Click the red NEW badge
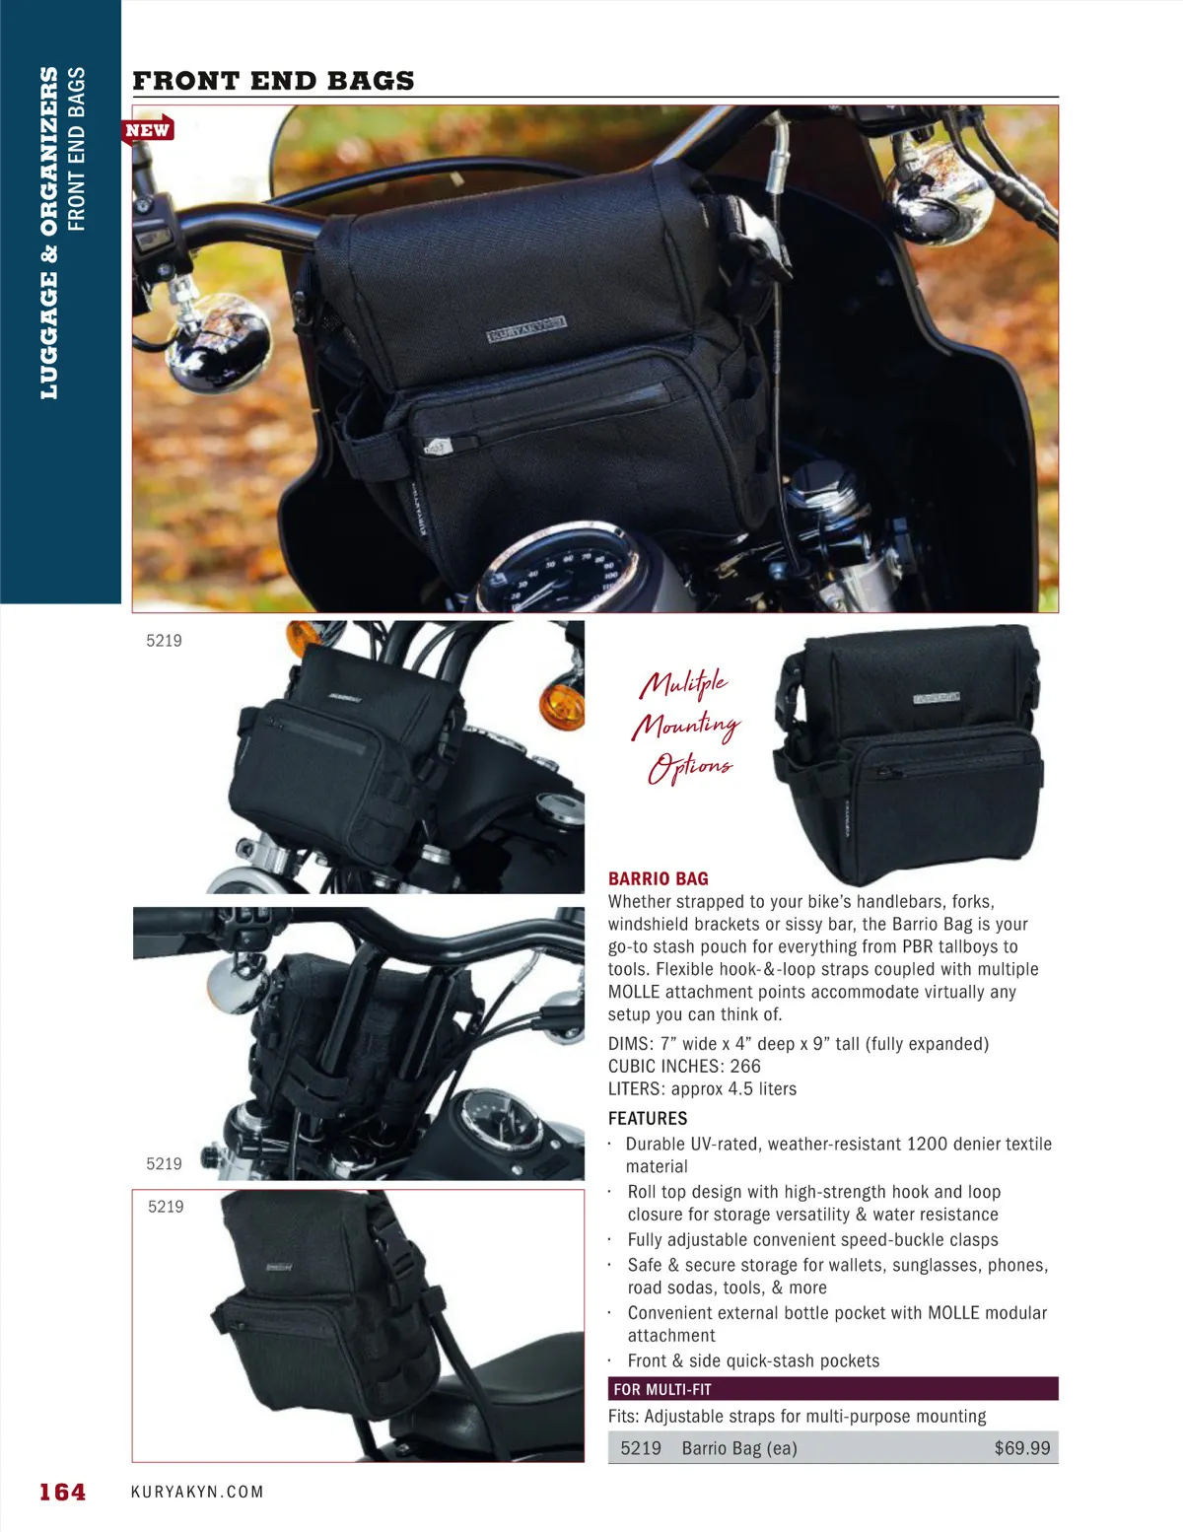pyautogui.click(x=147, y=130)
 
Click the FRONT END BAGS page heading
pyautogui.click(x=273, y=81)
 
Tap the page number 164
pyautogui.click(x=62, y=1492)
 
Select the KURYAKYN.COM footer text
pyautogui.click(x=197, y=1492)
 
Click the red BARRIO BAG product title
pyautogui.click(x=658, y=878)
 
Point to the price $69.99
pyautogui.click(x=1022, y=1448)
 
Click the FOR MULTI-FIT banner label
pyautogui.click(x=662, y=1390)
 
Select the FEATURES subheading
pyautogui.click(x=647, y=1119)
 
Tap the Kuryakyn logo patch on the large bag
pyautogui.click(x=526, y=329)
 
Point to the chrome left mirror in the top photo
pyautogui.click(x=216, y=344)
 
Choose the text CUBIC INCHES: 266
pyautogui.click(x=684, y=1066)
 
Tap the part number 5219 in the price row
pyautogui.click(x=640, y=1448)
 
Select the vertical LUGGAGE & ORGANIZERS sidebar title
pyautogui.click(x=49, y=233)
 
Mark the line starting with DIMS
pyautogui.click(x=799, y=1043)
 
